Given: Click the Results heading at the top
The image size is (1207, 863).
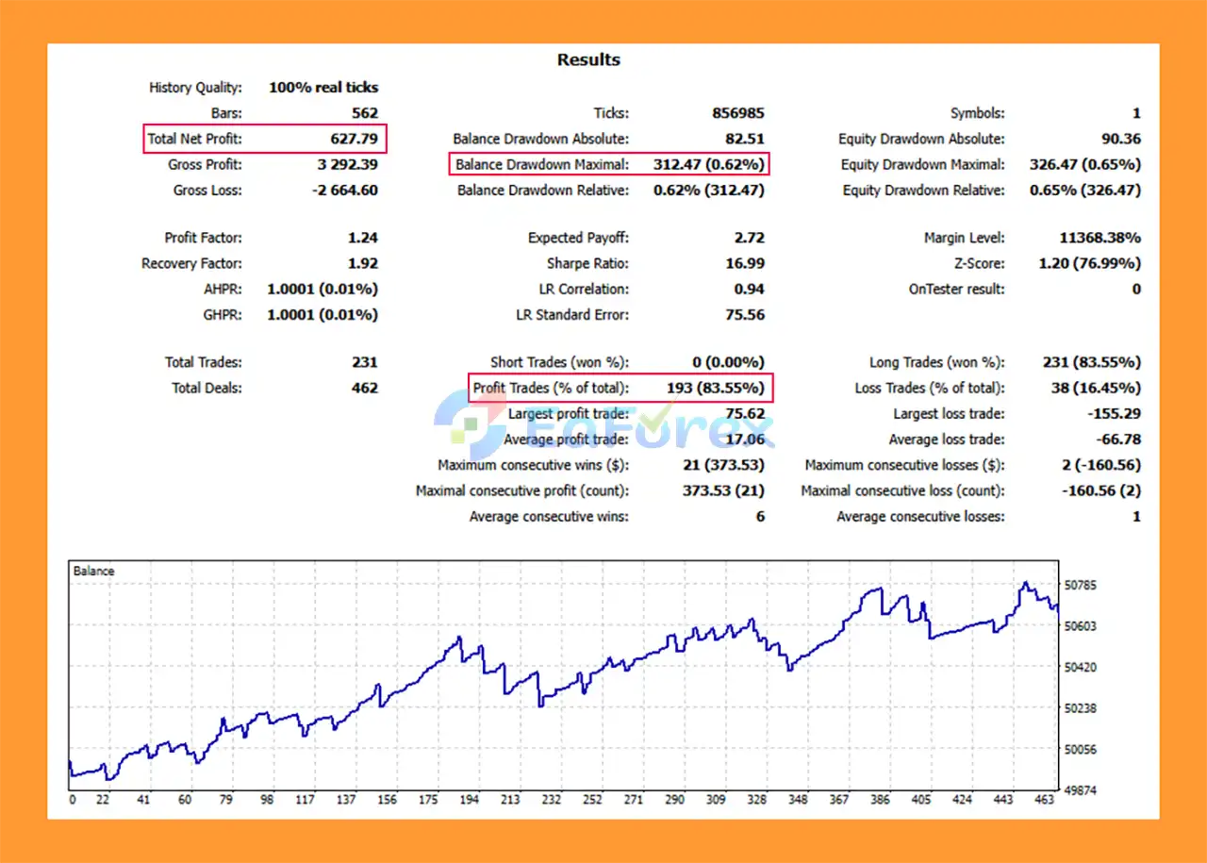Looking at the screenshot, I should pyautogui.click(x=588, y=59).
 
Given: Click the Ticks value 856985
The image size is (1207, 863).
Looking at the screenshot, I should pyautogui.click(x=737, y=113).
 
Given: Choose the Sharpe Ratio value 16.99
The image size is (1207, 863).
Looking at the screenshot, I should pyautogui.click(x=745, y=264).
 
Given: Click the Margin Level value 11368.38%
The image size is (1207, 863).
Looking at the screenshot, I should pyautogui.click(x=1100, y=239).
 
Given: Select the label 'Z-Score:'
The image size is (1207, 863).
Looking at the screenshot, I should pyautogui.click(x=979, y=264).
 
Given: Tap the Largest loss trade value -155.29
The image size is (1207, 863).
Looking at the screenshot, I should pyautogui.click(x=1116, y=414).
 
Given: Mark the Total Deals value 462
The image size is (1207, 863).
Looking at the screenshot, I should pyautogui.click(x=364, y=388).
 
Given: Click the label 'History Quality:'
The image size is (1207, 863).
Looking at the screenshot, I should pyautogui.click(x=195, y=88).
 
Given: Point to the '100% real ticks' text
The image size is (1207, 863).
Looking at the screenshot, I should pyautogui.click(x=323, y=88).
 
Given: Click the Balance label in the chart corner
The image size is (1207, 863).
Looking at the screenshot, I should pyautogui.click(x=93, y=572).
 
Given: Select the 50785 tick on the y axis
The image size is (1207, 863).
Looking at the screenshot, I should pyautogui.click(x=1080, y=586).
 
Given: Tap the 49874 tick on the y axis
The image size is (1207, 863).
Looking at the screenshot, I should pyautogui.click(x=1080, y=790).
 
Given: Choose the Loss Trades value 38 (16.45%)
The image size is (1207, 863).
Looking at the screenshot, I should pyautogui.click(x=1095, y=388).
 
